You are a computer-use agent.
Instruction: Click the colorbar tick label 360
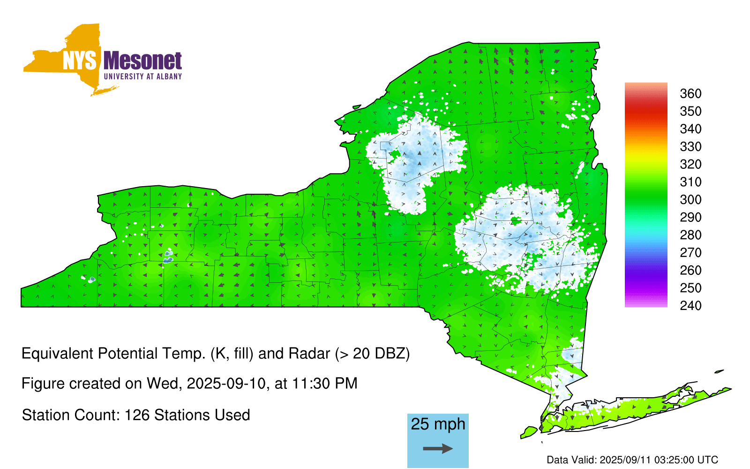click(x=690, y=93)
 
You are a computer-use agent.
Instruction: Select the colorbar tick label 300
click(x=690, y=200)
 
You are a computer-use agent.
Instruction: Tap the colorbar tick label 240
click(x=690, y=305)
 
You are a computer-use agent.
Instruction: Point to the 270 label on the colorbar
click(x=690, y=253)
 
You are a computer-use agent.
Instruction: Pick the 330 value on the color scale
click(x=690, y=146)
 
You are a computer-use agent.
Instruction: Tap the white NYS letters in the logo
click(x=79, y=61)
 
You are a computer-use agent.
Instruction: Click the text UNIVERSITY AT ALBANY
click(x=142, y=76)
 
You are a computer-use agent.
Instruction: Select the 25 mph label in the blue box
click(x=438, y=424)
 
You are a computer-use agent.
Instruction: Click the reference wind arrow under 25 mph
click(x=438, y=448)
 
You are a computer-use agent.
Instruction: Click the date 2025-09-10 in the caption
click(x=226, y=384)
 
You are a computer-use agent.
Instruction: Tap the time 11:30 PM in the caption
click(x=324, y=384)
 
